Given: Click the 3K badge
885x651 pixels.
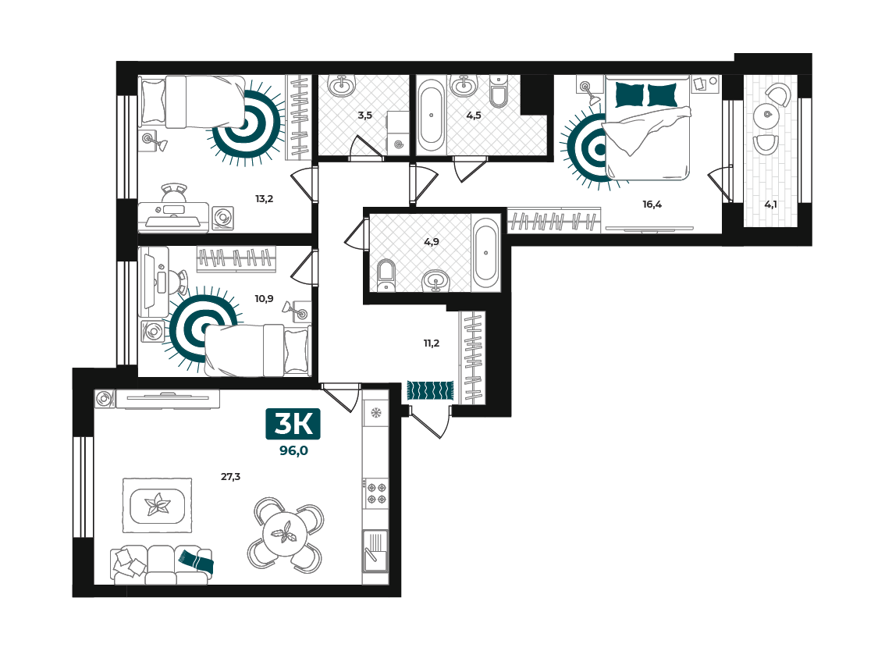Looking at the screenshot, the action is (293, 423).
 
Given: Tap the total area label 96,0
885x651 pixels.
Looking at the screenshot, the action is (293, 450).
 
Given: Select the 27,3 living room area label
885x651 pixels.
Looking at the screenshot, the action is (230, 476).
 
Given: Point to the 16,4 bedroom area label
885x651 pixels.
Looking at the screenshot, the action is (652, 205).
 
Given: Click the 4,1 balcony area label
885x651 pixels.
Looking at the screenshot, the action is (770, 205).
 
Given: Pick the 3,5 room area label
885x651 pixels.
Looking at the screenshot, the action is (364, 116).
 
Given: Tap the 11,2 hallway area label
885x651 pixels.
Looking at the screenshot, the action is (432, 343).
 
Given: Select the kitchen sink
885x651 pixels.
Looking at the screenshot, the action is (375, 550).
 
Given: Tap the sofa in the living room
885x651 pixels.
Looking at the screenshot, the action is (162, 565).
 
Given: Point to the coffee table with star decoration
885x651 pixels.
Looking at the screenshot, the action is (158, 505).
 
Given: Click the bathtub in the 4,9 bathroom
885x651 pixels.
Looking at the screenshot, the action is (485, 254).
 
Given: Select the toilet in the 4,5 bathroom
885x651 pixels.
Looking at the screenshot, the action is (499, 91).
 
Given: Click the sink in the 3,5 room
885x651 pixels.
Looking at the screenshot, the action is (342, 85).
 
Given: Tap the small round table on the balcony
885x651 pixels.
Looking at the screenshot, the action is (766, 115).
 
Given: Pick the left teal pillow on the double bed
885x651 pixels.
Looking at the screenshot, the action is (629, 95).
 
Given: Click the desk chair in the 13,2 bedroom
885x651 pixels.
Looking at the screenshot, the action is (174, 193).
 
